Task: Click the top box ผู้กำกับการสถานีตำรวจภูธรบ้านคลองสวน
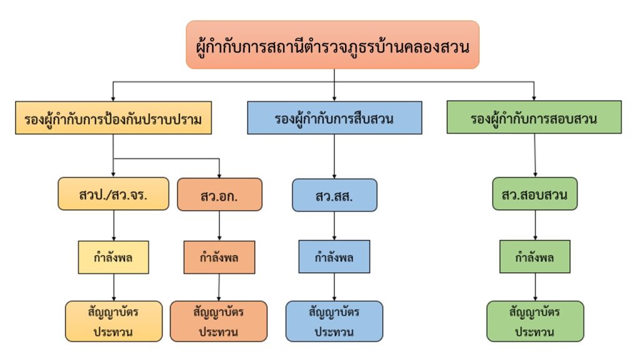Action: (x=332, y=45)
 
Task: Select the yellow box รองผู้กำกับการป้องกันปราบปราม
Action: (x=113, y=118)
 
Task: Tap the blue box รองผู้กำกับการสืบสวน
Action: (x=334, y=117)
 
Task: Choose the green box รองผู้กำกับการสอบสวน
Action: (x=534, y=117)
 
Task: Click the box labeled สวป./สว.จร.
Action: (x=113, y=194)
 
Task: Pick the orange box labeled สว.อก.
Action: (x=219, y=194)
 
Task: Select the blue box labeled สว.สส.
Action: (x=334, y=195)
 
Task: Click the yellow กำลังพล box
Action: (x=113, y=257)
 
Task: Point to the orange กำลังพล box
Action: (x=219, y=257)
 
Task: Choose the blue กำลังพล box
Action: (x=334, y=257)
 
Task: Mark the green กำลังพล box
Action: (x=535, y=257)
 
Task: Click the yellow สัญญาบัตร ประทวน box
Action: (x=113, y=321)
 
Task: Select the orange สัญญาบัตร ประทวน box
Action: (x=218, y=321)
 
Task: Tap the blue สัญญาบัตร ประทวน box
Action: (x=334, y=321)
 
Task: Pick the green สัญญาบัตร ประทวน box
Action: (x=535, y=321)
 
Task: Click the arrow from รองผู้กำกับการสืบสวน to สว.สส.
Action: (x=334, y=156)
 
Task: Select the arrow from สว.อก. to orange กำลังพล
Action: (x=219, y=226)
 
